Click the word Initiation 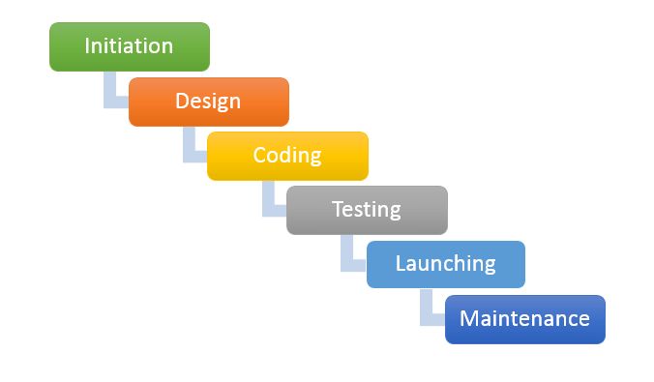(x=129, y=45)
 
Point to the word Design (x=208, y=101)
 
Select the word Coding (x=287, y=155)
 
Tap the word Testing (x=366, y=209)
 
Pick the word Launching (x=445, y=263)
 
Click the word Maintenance (x=524, y=318)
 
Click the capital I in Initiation (x=87, y=45)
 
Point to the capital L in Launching (x=400, y=263)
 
